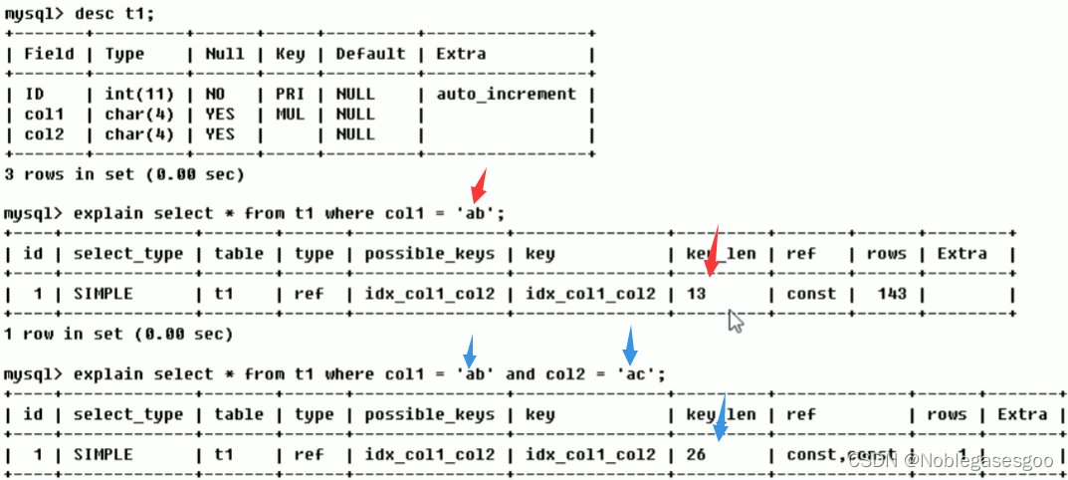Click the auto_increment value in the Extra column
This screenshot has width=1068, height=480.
click(x=506, y=94)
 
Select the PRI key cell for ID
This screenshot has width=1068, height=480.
click(x=290, y=94)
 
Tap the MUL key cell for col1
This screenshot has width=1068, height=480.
click(x=290, y=114)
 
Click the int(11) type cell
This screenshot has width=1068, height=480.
click(x=141, y=94)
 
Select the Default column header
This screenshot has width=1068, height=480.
click(x=369, y=54)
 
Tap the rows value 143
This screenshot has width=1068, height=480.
click(x=886, y=294)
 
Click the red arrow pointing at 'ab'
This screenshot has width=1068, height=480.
click(x=480, y=184)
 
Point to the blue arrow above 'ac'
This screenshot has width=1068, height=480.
click(x=629, y=345)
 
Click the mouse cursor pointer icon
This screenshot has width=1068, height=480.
click(x=736, y=320)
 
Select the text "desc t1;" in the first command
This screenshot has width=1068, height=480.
click(x=120, y=14)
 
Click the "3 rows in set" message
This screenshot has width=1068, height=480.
click(x=124, y=174)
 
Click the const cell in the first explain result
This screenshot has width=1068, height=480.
click(x=810, y=294)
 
